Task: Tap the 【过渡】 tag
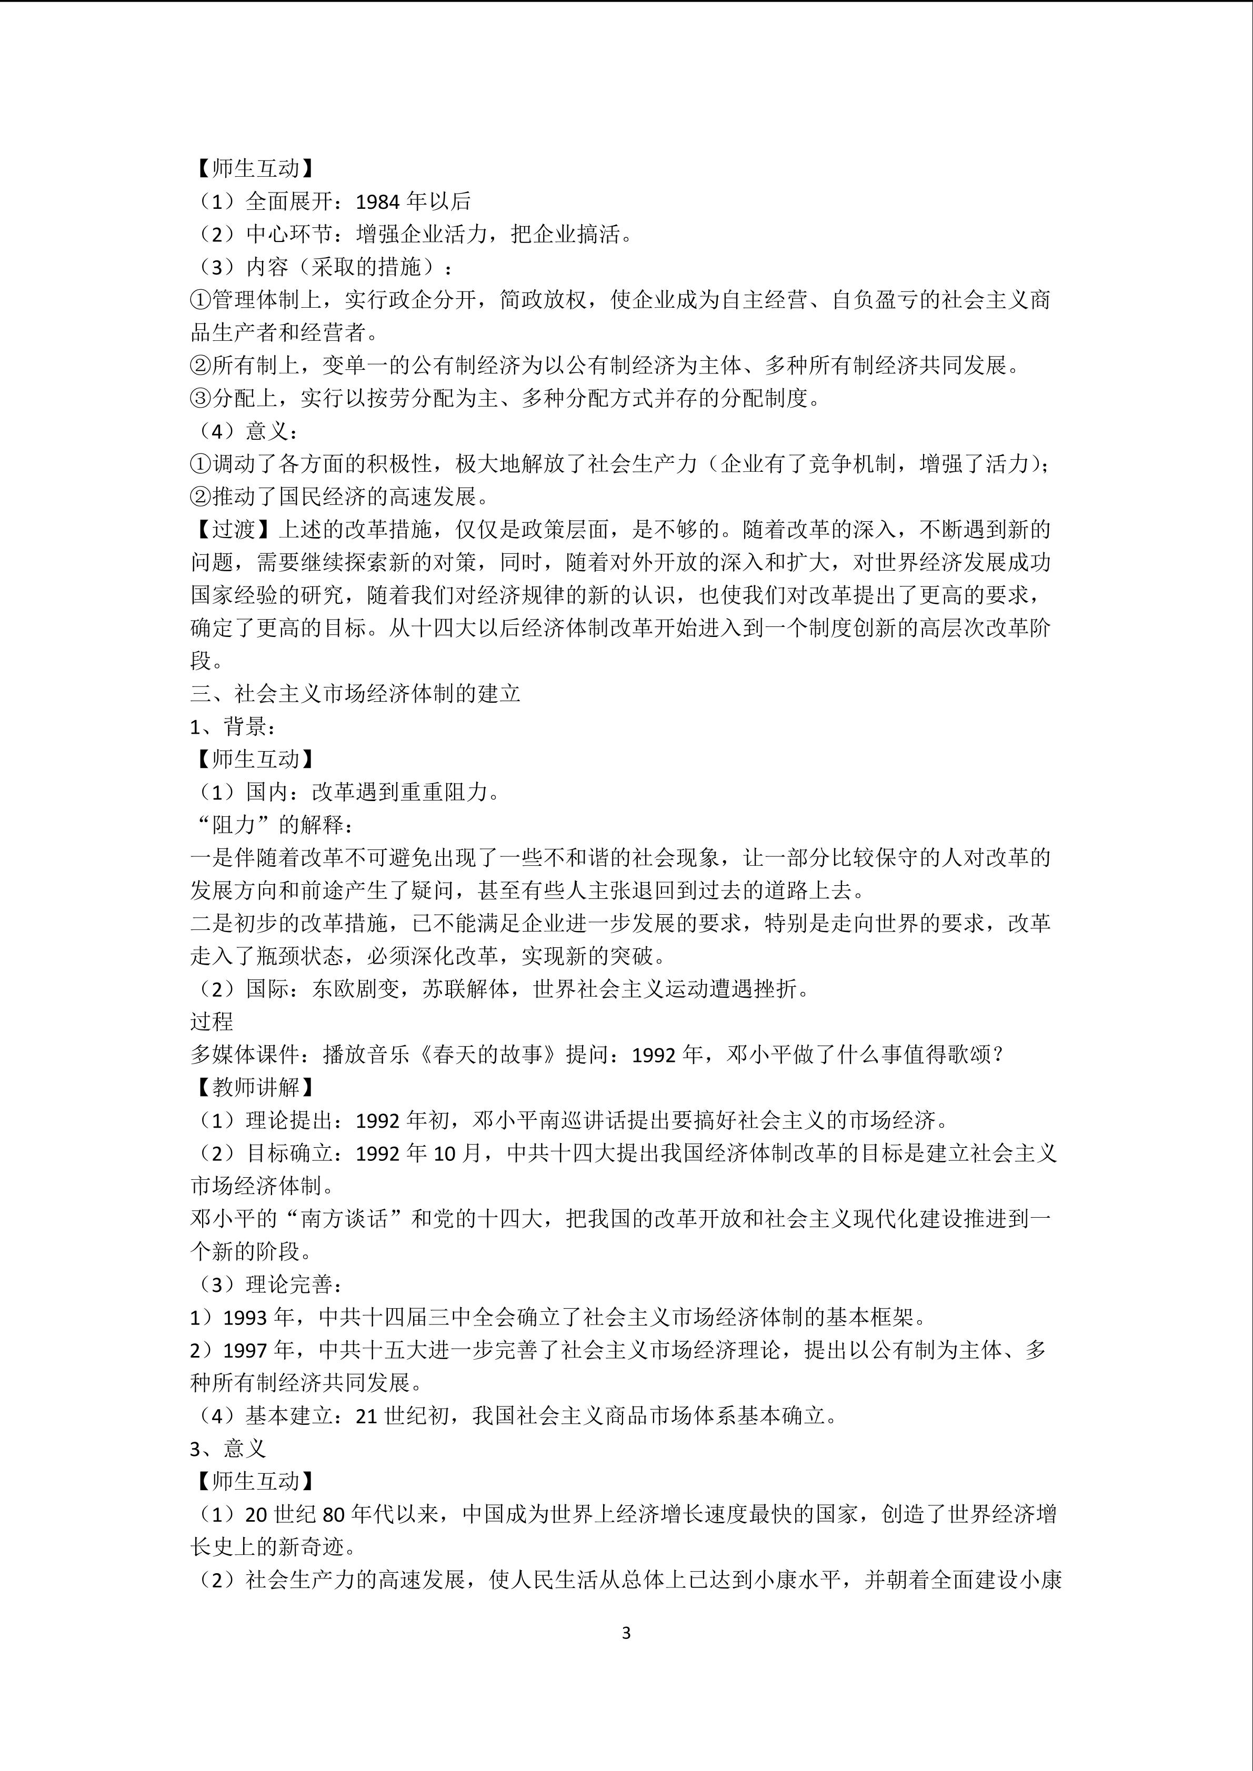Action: pos(234,529)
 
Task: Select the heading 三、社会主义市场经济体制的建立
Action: pos(356,693)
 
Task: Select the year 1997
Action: pos(246,1350)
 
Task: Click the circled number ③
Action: pos(201,398)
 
